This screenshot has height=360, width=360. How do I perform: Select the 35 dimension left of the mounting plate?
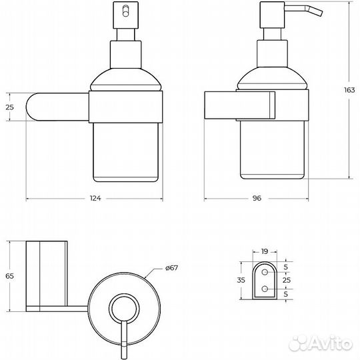(x=241, y=281)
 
